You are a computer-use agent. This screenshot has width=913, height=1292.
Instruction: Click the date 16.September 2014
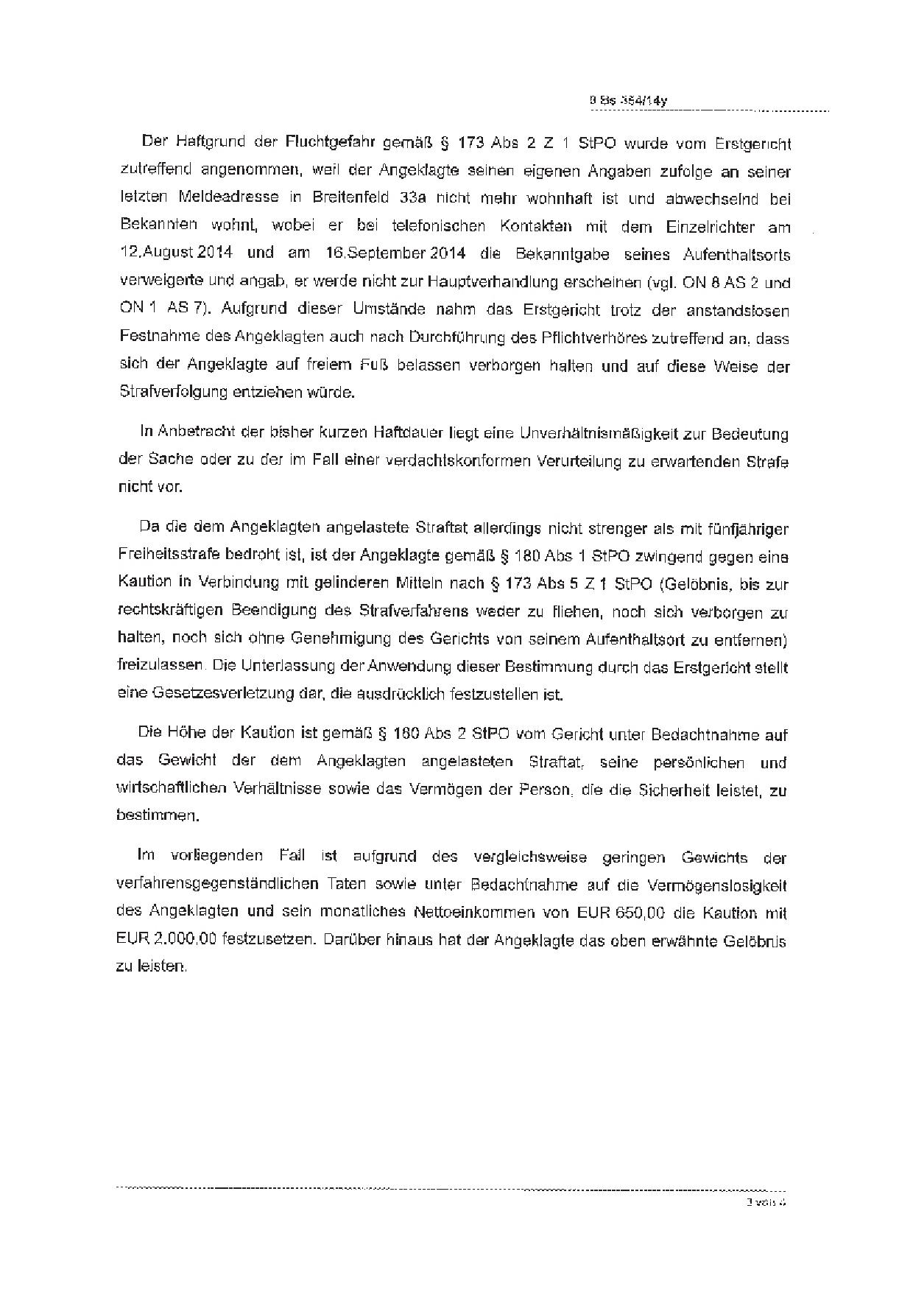tap(392, 253)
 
